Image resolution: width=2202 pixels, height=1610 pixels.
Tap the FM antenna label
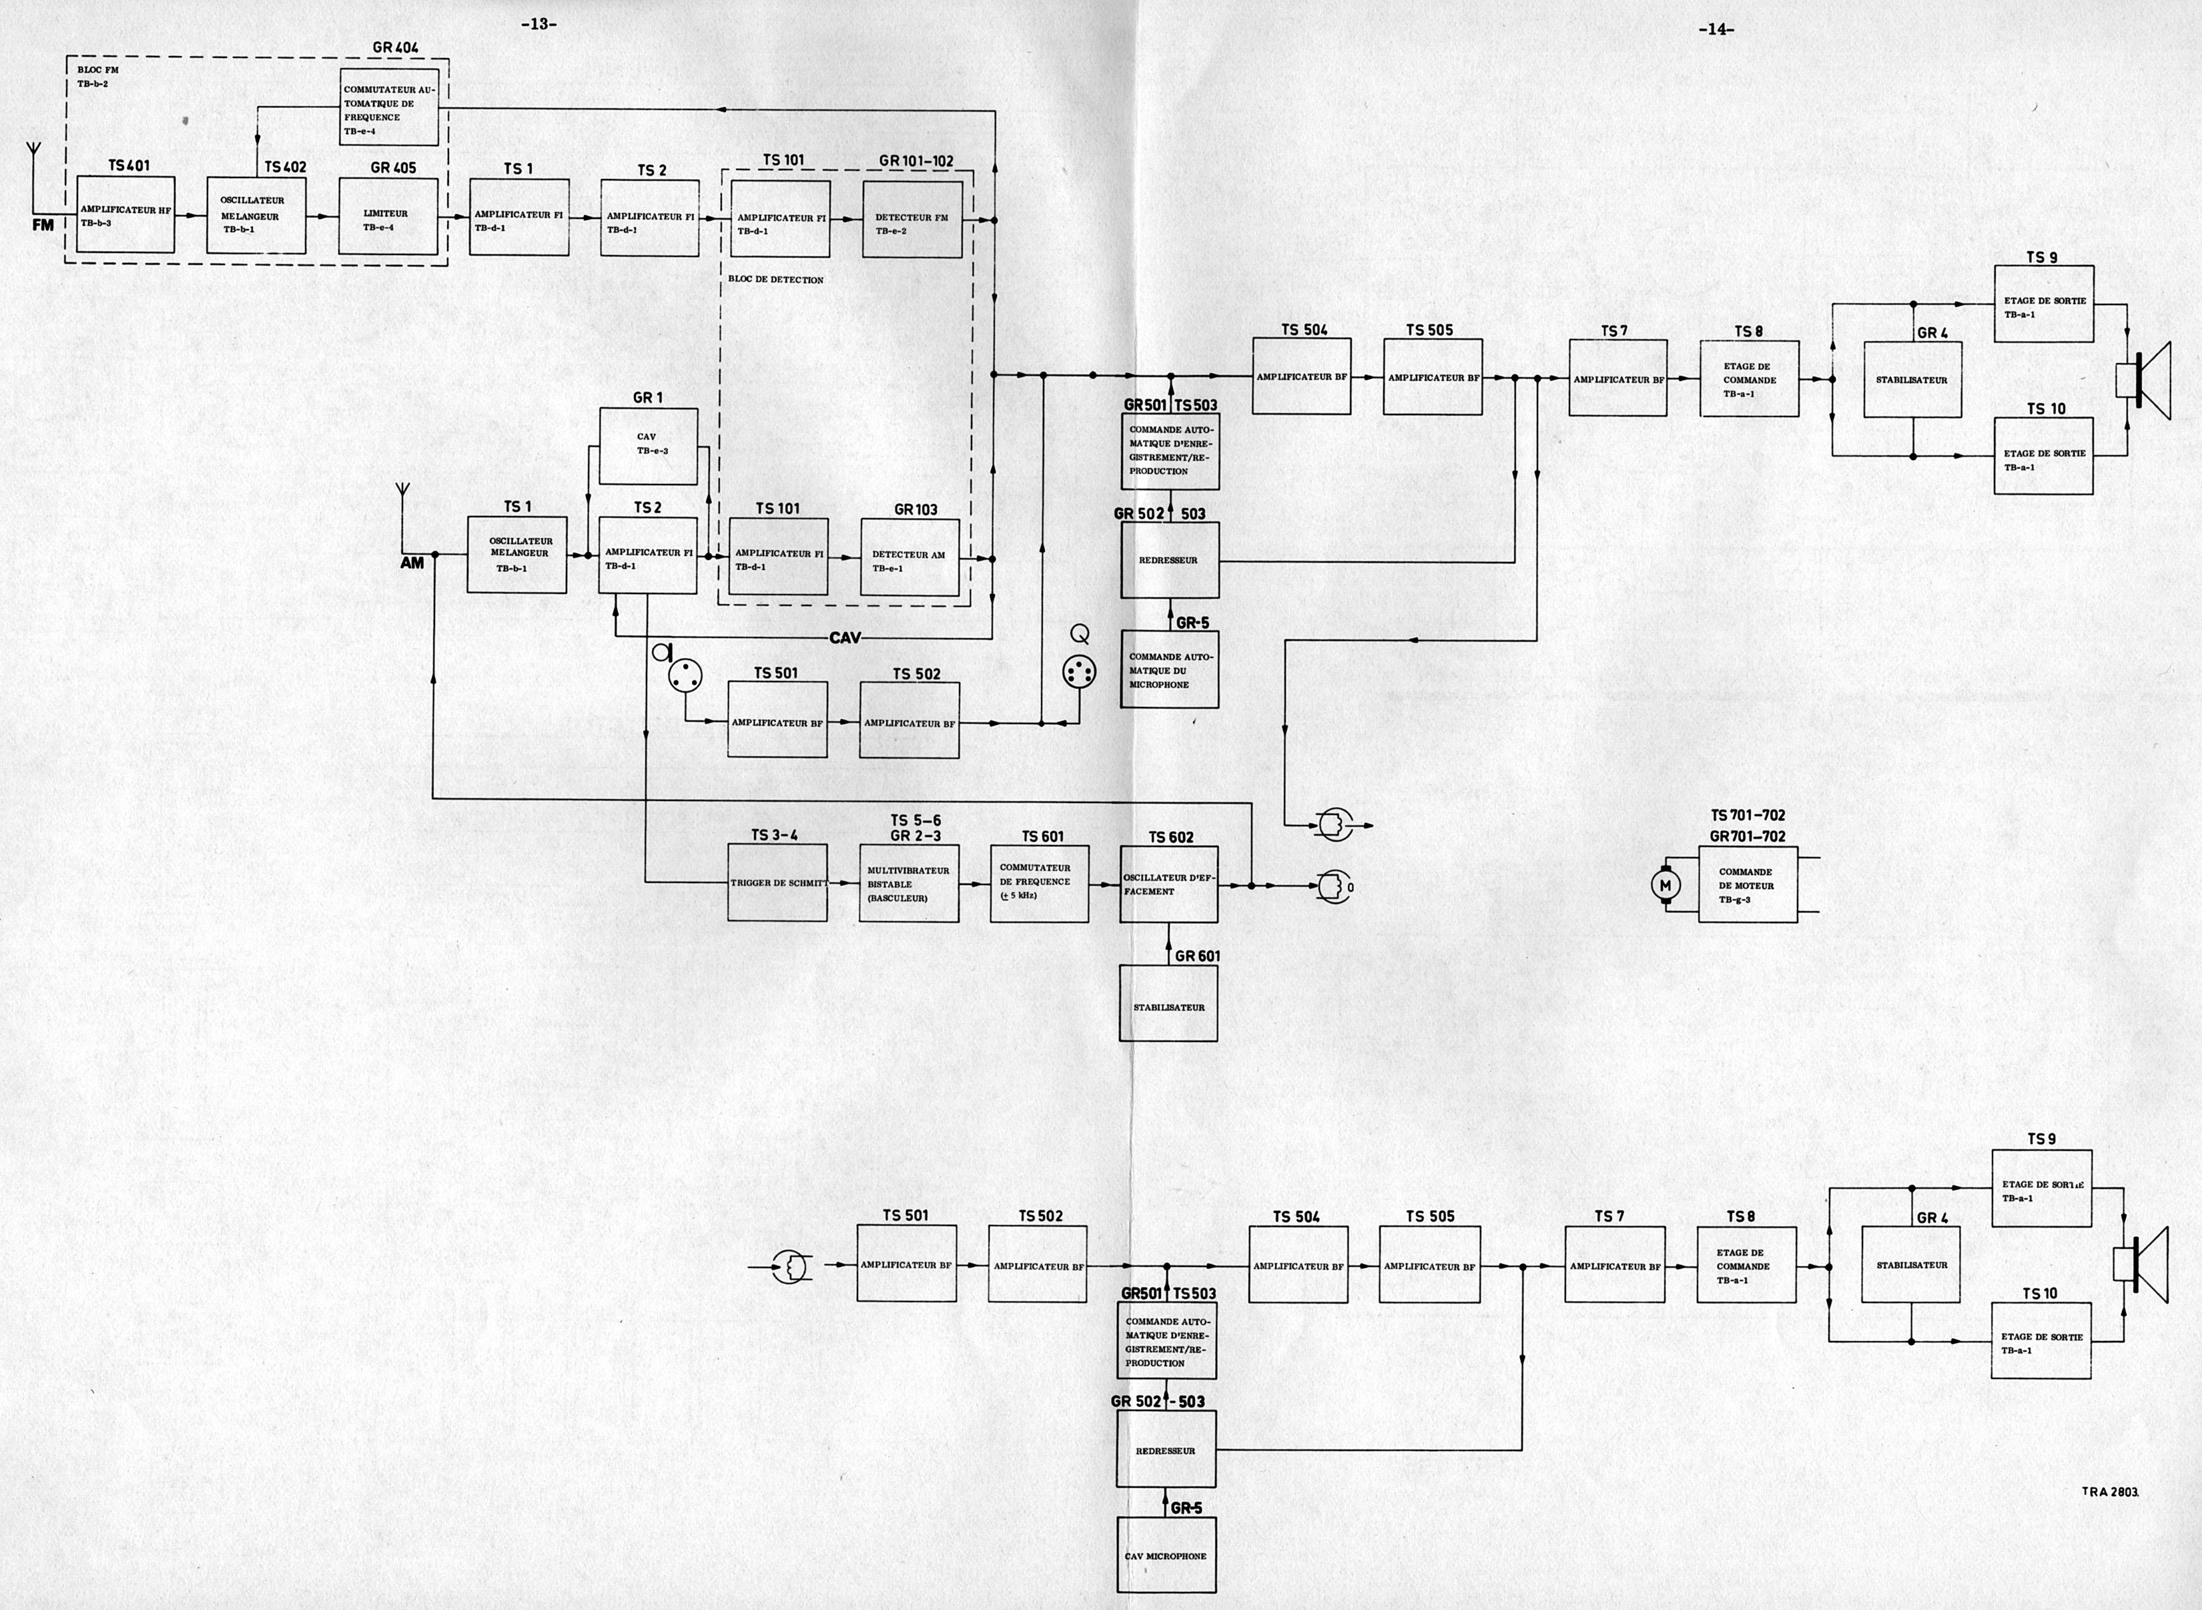pos(43,225)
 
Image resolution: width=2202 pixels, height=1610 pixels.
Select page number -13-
pos(538,25)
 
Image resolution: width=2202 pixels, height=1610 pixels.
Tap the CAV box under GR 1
pos(648,445)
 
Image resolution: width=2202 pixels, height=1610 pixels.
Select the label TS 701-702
pos(1748,816)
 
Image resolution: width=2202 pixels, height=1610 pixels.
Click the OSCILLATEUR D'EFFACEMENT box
pos(1169,884)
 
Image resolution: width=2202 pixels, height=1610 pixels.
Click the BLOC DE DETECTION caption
pos(775,280)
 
